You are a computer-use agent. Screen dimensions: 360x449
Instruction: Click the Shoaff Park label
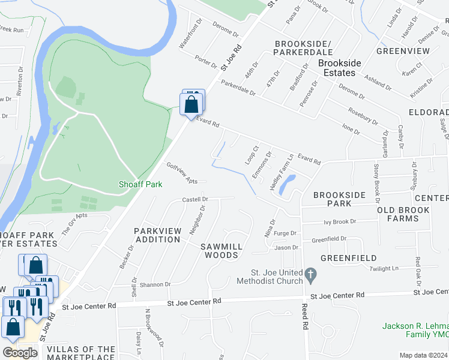(x=141, y=185)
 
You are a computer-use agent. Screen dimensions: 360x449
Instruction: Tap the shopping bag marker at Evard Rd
(x=191, y=104)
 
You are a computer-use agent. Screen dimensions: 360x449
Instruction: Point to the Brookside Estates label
(x=340, y=68)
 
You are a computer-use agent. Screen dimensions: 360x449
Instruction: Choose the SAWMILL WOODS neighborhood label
(x=221, y=251)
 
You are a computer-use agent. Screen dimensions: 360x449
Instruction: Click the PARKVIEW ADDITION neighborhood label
(x=157, y=235)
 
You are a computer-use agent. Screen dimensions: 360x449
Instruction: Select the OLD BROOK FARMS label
(x=403, y=214)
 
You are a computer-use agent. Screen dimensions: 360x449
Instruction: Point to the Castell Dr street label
(x=195, y=199)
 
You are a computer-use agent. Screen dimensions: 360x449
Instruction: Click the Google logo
(x=20, y=353)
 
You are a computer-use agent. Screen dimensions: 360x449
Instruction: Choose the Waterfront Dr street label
(x=191, y=35)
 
